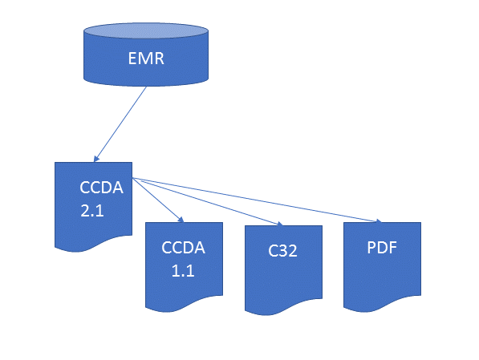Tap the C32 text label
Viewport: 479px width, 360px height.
(x=283, y=250)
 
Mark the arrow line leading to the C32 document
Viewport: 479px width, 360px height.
(x=209, y=201)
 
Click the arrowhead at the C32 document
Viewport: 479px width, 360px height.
(x=280, y=224)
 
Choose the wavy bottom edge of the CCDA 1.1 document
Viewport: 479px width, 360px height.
(x=184, y=305)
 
